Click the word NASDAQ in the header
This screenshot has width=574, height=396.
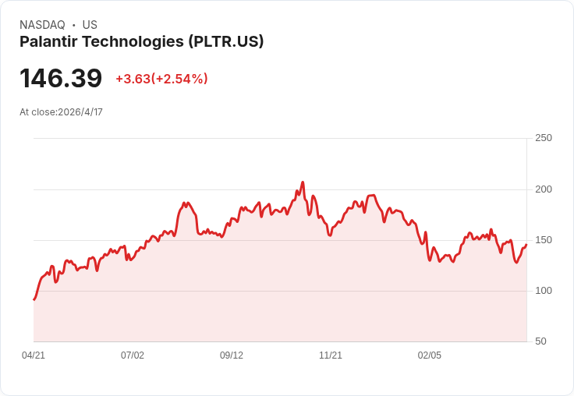click(42, 25)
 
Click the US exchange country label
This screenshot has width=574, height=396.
click(90, 25)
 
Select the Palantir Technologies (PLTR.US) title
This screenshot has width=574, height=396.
click(141, 41)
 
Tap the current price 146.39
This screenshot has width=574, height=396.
click(61, 79)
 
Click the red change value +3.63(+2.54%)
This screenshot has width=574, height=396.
click(161, 79)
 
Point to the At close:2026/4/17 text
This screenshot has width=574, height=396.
click(61, 112)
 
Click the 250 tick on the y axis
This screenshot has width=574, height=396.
click(543, 138)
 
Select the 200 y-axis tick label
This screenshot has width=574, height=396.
click(543, 189)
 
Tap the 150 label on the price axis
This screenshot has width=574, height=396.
click(543, 240)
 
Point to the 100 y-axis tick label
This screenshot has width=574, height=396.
click(543, 291)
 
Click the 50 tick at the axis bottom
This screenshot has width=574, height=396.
click(540, 341)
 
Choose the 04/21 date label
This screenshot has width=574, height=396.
click(34, 355)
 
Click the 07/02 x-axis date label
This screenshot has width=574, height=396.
click(133, 355)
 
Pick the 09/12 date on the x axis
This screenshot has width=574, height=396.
click(232, 355)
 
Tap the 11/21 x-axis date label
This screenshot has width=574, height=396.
click(331, 355)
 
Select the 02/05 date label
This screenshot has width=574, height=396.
click(430, 355)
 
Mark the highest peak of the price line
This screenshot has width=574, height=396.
click(303, 182)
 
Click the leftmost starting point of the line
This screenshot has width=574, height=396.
click(34, 299)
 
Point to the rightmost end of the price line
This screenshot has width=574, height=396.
click(526, 245)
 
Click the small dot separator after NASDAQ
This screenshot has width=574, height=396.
click(73, 25)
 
